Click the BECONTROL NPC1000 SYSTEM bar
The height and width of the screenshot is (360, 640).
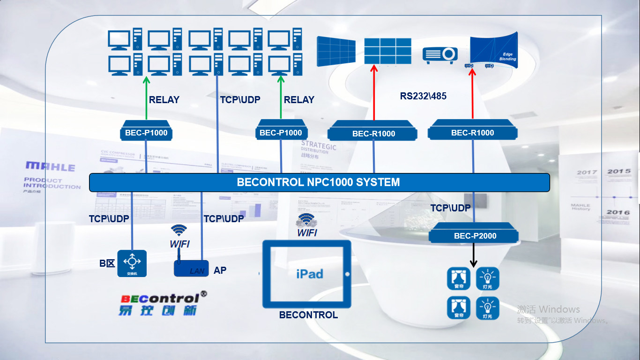(x=319, y=182)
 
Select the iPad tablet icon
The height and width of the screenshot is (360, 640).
(x=307, y=274)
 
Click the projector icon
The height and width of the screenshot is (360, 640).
(x=440, y=54)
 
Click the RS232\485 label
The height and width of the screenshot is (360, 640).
(x=423, y=96)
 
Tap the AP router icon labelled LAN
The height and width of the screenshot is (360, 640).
(x=191, y=268)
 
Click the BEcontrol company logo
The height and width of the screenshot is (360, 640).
(x=163, y=304)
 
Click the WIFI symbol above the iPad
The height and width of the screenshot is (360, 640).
(x=306, y=219)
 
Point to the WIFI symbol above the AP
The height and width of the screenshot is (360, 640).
(x=179, y=230)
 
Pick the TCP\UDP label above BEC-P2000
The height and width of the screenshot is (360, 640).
(x=450, y=208)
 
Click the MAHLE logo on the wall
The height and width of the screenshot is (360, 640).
(x=50, y=166)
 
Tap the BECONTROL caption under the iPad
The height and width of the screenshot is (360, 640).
(x=308, y=315)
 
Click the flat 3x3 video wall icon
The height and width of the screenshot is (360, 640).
(x=387, y=51)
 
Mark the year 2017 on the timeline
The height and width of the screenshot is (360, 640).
(x=587, y=172)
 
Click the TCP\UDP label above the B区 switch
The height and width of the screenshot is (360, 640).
(x=109, y=218)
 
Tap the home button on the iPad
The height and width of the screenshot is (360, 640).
(x=347, y=274)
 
